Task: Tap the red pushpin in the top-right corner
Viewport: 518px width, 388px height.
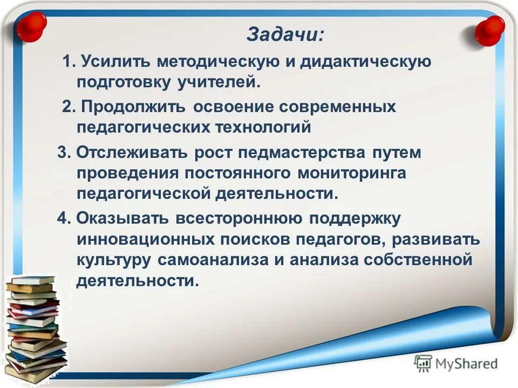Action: (x=489, y=30)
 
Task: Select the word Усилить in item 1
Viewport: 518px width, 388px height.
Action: (x=115, y=62)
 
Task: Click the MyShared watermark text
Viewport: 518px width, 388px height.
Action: (x=466, y=364)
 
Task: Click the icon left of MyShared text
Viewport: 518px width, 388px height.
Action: (x=424, y=363)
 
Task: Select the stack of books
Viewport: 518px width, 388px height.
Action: (x=35, y=329)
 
